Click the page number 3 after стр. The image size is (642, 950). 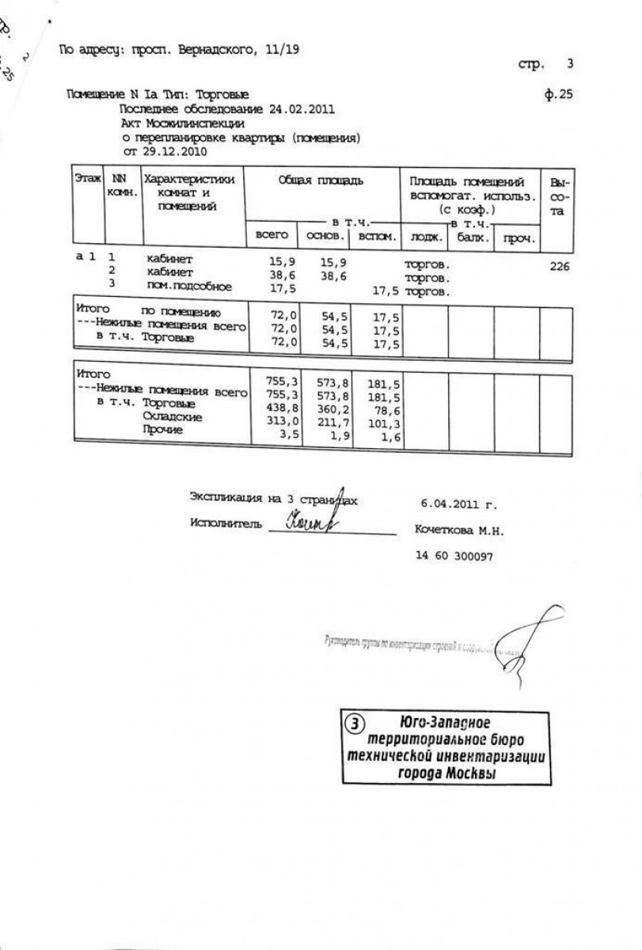[569, 63]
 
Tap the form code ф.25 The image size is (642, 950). [559, 94]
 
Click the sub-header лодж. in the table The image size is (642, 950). [425, 236]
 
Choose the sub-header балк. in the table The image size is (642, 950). [470, 236]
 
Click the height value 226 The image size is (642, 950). [558, 267]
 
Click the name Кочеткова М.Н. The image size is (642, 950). [458, 530]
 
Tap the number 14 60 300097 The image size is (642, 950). [454, 556]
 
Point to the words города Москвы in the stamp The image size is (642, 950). [446, 773]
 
